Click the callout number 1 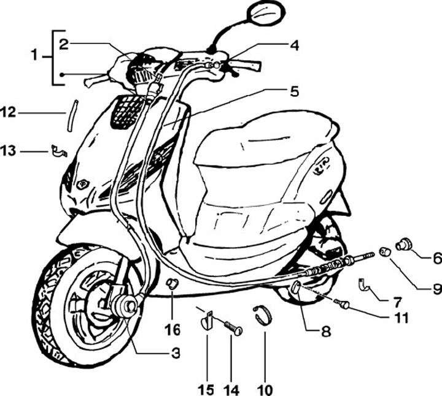tap(35, 56)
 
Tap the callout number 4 tap(295, 45)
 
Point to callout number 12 tap(8, 112)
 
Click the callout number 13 tap(8, 149)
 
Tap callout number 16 tap(173, 330)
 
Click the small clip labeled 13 tap(58, 150)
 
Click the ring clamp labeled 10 tap(263, 316)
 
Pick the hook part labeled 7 tap(363, 283)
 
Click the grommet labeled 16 tap(173, 283)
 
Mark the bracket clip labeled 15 tap(207, 319)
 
